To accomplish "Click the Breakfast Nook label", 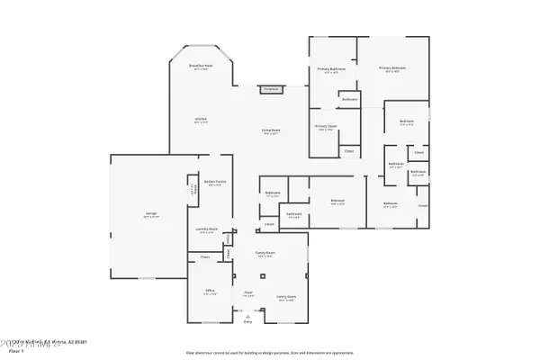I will (x=200, y=67).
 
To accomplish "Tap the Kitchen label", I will (x=201, y=120).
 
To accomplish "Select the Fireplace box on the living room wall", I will (x=270, y=89).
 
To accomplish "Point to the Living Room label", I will (x=269, y=132).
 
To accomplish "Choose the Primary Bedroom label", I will (x=392, y=69).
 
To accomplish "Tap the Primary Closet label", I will (x=325, y=127).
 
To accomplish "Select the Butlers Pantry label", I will (x=214, y=183).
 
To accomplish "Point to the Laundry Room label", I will (x=208, y=229).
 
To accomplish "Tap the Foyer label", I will (x=248, y=292).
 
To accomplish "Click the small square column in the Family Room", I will (x=264, y=275).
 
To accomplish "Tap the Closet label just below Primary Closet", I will (x=350, y=151).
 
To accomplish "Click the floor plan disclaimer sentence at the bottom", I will (x=270, y=353).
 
